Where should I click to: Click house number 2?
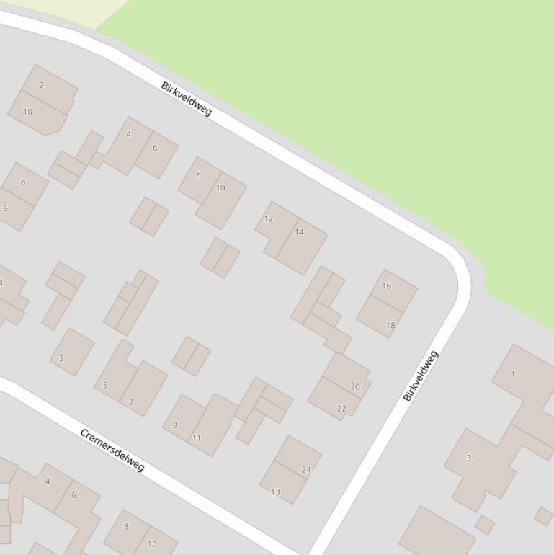pyautogui.click(x=41, y=85)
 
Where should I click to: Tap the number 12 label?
pyautogui.click(x=269, y=218)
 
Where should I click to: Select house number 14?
pyautogui.click(x=299, y=232)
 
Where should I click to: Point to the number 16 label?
pyautogui.click(x=387, y=285)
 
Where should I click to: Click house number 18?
pyautogui.click(x=390, y=325)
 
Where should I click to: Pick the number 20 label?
pyautogui.click(x=355, y=386)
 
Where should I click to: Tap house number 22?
pyautogui.click(x=341, y=408)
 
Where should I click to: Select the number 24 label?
pyautogui.click(x=306, y=469)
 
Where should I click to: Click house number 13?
pyautogui.click(x=275, y=492)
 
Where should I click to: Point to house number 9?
pyautogui.click(x=175, y=425)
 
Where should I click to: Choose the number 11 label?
pyautogui.click(x=197, y=438)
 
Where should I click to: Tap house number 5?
pyautogui.click(x=105, y=385)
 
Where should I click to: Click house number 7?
pyautogui.click(x=131, y=402)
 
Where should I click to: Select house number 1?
pyautogui.click(x=513, y=374)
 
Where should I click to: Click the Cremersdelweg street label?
pyautogui.click(x=112, y=450)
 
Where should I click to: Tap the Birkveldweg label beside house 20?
pyautogui.click(x=421, y=376)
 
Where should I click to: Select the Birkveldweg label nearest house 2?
pyautogui.click(x=187, y=98)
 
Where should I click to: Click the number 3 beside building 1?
pyautogui.click(x=469, y=458)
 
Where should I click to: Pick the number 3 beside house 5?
pyautogui.click(x=61, y=358)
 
